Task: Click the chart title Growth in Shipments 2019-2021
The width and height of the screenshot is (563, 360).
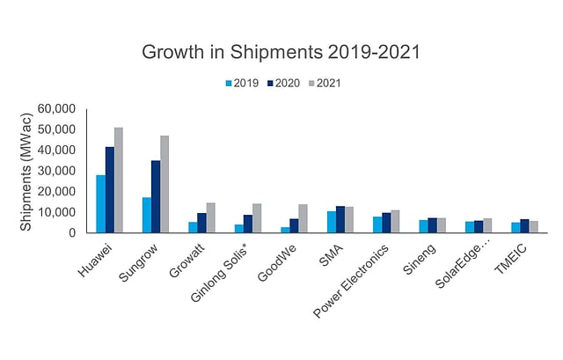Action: click(x=281, y=52)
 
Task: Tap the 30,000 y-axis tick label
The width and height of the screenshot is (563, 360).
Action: click(x=57, y=171)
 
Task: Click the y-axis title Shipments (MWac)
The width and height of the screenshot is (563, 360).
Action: click(x=27, y=171)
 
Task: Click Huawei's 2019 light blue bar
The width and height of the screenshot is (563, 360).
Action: click(x=100, y=204)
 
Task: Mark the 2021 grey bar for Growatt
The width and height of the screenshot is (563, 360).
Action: click(x=210, y=218)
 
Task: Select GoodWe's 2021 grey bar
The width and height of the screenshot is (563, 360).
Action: click(x=303, y=219)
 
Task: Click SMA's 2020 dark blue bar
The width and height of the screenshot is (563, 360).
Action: click(x=340, y=220)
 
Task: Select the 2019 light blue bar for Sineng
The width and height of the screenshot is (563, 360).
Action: click(x=422, y=227)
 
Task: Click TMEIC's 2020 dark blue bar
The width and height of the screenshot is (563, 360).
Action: click(x=523, y=226)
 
